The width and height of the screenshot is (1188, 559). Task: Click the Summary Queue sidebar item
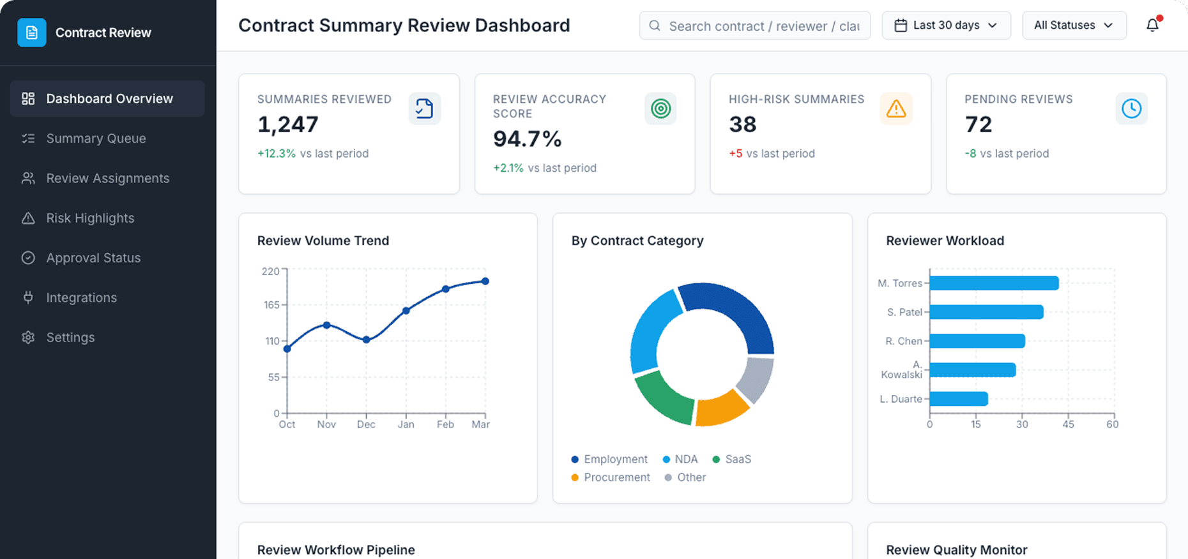(x=96, y=138)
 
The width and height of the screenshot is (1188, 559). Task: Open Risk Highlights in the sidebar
(x=90, y=218)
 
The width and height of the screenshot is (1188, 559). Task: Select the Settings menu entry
(x=70, y=338)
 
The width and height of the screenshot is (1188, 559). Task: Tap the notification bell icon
(x=1152, y=26)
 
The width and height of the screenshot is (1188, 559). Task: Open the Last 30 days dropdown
(x=946, y=26)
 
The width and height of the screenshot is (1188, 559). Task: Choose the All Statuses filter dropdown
(x=1074, y=26)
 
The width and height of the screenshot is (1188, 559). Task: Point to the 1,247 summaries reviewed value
(x=287, y=124)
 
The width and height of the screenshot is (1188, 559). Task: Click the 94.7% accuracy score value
(x=527, y=138)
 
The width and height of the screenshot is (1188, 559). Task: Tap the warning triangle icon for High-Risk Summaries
(x=896, y=109)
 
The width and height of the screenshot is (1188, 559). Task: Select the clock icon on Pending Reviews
(x=1131, y=108)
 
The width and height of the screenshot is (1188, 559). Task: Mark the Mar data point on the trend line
(x=485, y=281)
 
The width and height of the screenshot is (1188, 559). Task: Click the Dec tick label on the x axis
(x=366, y=424)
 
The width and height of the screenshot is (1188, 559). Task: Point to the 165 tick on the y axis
(x=271, y=305)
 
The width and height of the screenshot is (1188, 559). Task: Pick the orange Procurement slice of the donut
(x=720, y=408)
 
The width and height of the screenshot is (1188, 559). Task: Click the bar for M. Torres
(x=994, y=283)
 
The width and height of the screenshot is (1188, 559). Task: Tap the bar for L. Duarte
(x=959, y=399)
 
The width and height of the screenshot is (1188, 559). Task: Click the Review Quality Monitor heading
(x=956, y=550)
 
